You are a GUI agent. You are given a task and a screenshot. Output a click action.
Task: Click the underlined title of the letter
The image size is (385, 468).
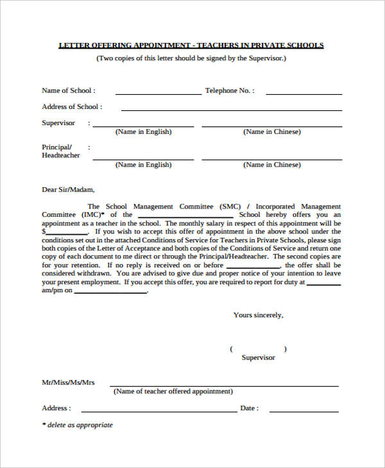tap(191, 46)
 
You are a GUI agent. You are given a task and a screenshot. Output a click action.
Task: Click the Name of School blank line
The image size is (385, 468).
tap(158, 94)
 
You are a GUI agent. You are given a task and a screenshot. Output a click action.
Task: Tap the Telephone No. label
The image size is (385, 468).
tap(230, 91)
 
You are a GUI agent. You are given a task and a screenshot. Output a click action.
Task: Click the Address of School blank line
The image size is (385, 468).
tap(231, 110)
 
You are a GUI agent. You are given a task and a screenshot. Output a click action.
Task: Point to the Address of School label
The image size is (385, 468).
tap(71, 107)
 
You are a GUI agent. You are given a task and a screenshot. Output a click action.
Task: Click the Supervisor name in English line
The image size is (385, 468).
tap(143, 126)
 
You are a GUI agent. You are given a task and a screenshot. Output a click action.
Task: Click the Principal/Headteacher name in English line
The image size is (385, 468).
tap(143, 160)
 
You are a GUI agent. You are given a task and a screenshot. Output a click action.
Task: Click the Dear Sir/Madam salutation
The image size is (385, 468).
tap(68, 190)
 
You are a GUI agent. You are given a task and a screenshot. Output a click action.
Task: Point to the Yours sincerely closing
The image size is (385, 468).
tap(258, 315)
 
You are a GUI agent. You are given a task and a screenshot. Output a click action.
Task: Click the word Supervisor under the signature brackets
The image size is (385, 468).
tap(258, 358)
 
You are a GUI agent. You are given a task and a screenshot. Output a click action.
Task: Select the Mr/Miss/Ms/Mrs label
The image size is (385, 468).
tap(68, 383)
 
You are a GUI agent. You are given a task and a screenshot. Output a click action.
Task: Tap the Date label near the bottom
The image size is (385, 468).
tap(249, 408)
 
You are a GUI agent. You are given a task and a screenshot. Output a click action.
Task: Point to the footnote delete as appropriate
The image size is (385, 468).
tap(77, 425)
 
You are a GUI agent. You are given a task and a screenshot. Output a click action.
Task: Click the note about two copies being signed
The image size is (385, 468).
tap(191, 58)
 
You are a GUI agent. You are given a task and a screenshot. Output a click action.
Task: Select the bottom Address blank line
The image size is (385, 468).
tap(158, 411)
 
